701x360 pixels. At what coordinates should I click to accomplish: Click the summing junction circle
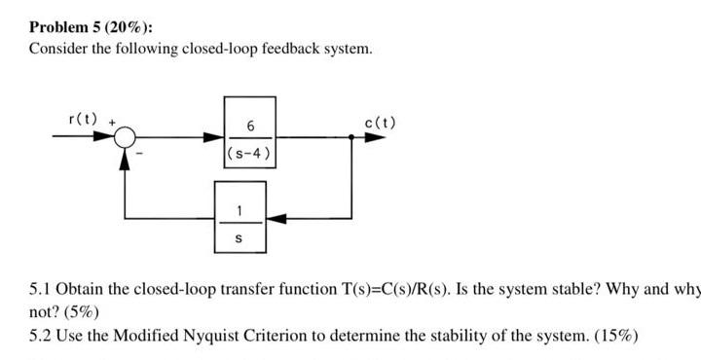124,138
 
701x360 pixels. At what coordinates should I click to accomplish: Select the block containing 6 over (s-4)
250,137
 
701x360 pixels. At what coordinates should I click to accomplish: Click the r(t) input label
82,120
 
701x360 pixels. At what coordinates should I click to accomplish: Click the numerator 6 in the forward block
250,126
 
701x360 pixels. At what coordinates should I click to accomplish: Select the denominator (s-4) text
250,153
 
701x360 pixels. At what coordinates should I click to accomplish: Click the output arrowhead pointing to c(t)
374,138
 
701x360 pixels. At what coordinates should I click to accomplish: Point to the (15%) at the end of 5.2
614,336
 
